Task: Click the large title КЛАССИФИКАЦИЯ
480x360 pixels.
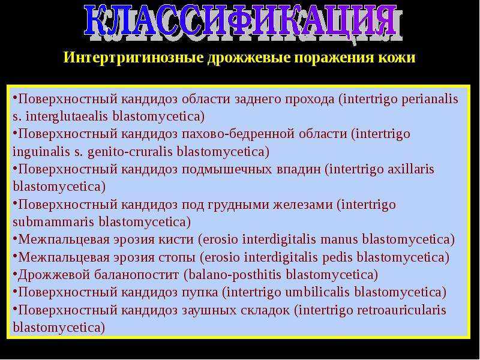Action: coord(242,22)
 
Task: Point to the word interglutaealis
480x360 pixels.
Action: coord(67,117)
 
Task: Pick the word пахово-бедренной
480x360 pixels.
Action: coord(238,134)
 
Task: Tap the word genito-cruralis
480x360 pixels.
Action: coord(130,152)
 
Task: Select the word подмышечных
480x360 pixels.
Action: coord(227,170)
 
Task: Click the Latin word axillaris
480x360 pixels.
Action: coord(411,169)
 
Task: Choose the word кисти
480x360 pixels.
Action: coord(176,239)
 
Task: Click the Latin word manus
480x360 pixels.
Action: coord(339,239)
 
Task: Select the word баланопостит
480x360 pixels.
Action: coord(137,275)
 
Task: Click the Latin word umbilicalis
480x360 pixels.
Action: coord(317,292)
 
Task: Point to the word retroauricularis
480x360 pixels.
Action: coord(401,310)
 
